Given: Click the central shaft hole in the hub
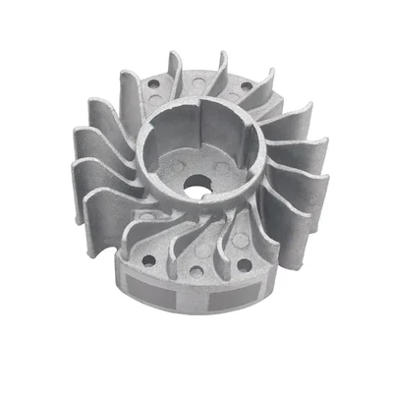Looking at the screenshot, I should point(196,184).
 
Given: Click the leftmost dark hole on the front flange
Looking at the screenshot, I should point(147,261).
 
